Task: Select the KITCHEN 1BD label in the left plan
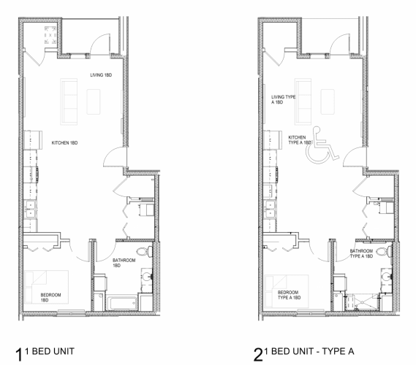click(64, 143)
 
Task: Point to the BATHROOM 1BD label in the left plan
click(122, 263)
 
